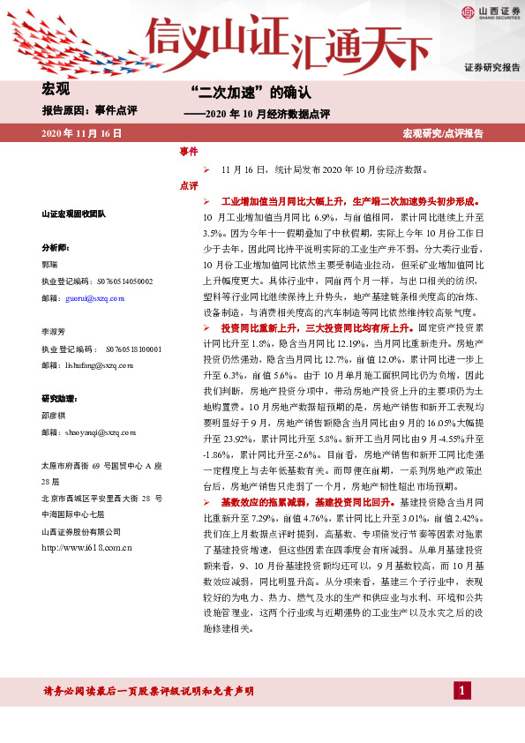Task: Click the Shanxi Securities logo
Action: pos(488,11)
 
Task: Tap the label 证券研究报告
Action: pos(492,68)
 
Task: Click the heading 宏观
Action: pos(56,89)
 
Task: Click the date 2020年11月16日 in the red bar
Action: pos(81,133)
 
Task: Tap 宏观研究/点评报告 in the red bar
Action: pos(443,133)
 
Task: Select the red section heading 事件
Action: pos(188,152)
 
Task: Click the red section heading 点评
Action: pos(188,185)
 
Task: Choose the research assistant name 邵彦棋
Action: pos(54,416)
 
